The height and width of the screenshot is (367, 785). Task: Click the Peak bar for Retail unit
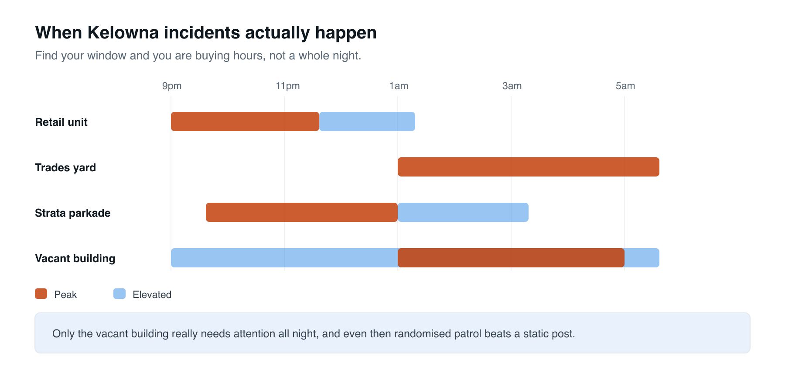(245, 121)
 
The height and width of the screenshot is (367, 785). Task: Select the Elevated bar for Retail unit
(367, 121)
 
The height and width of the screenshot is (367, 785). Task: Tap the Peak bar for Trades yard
(529, 167)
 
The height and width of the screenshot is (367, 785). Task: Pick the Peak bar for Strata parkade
(302, 212)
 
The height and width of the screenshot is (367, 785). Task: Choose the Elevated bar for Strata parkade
(463, 212)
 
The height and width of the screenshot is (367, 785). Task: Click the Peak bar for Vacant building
(511, 258)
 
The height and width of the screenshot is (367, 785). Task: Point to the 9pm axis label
(172, 86)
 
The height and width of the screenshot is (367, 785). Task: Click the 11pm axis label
(288, 86)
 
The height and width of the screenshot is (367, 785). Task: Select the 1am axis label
(399, 86)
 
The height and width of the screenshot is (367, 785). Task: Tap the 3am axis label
(512, 86)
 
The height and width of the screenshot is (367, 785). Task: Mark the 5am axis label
(625, 86)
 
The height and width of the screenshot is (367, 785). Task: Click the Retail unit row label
(61, 122)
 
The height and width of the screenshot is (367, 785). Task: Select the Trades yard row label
(65, 168)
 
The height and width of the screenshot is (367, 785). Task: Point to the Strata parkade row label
(73, 213)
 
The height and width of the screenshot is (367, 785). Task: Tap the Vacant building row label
(75, 259)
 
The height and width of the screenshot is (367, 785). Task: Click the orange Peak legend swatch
(41, 294)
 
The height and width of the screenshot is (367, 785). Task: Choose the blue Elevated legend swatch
(119, 294)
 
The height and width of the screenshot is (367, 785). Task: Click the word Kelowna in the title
(123, 33)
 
